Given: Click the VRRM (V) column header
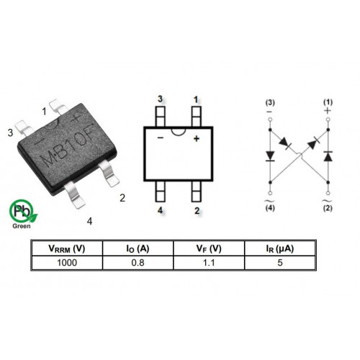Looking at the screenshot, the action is tap(67, 248).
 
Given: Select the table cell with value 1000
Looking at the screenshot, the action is tap(67, 263).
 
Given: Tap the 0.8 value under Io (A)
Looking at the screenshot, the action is tap(138, 263).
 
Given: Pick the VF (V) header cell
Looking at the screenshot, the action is tap(209, 248).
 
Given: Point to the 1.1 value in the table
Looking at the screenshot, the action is tap(209, 263).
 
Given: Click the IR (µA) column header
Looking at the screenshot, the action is tap(280, 248).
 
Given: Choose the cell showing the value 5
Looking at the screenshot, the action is tap(280, 263).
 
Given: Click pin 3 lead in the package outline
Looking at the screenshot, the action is tap(161, 117).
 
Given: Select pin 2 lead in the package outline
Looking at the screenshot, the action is tap(197, 192).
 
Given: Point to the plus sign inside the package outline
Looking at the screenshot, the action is tap(197, 138).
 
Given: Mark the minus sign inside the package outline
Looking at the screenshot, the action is tap(161, 138).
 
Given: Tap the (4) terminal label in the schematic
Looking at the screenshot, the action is tap(270, 208).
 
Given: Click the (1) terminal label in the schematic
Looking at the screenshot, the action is tap(328, 102).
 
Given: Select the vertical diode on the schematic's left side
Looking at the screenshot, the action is tap(270, 156).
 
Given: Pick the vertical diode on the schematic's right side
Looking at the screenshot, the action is tap(328, 156).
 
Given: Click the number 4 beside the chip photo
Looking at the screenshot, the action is tap(89, 221).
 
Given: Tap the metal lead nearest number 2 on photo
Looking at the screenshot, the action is tap(109, 174).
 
